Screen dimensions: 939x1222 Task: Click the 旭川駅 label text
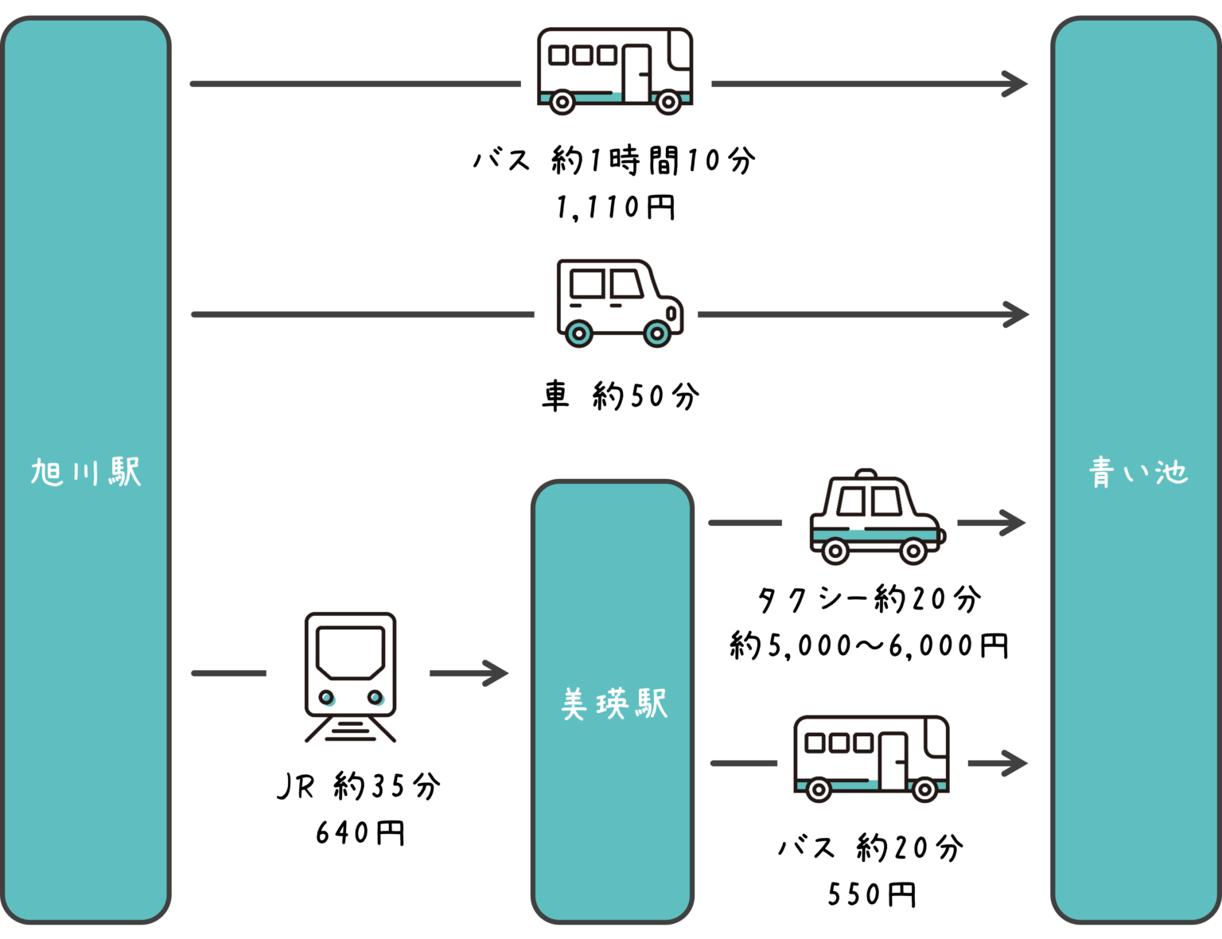point(86,472)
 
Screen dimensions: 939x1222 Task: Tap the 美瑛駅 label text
point(613,704)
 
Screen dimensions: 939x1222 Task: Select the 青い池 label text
point(1138,473)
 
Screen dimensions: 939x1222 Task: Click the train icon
point(349,676)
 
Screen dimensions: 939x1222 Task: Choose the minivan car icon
point(618,302)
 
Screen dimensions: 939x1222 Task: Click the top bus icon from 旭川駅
point(615,70)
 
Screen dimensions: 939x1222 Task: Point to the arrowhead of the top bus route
point(1018,84)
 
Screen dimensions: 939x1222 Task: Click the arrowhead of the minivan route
point(1019,314)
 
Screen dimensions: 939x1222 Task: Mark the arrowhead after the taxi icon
point(1016,523)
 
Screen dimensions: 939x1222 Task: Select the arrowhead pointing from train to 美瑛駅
point(499,673)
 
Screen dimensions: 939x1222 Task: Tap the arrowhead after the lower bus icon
point(1018,763)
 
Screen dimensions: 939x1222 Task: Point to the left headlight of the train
point(326,698)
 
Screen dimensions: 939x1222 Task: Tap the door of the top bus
point(636,73)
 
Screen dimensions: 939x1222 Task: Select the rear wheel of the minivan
point(578,333)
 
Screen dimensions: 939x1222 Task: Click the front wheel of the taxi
point(913,551)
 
